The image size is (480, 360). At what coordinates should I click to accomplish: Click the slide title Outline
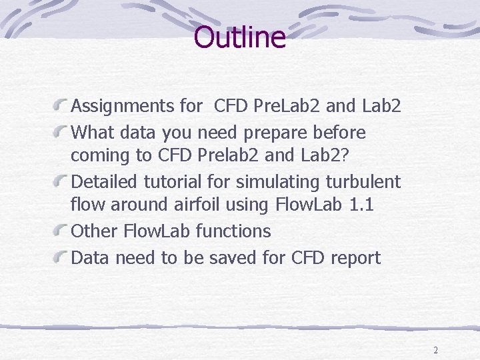pos(239,37)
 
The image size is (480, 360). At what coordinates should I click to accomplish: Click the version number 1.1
pos(361,204)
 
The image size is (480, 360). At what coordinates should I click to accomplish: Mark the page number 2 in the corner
pos(435,350)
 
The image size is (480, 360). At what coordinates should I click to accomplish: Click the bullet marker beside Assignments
pos(62,105)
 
